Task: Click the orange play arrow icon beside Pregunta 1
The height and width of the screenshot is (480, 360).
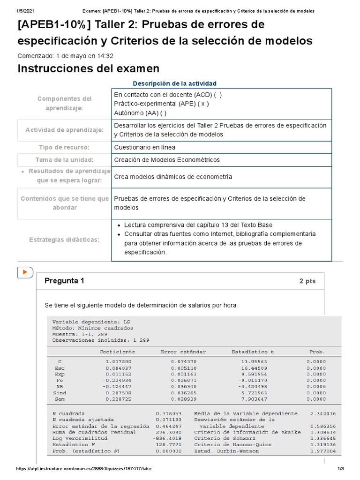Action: tap(25, 272)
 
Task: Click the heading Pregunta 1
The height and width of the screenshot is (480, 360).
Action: tap(64, 281)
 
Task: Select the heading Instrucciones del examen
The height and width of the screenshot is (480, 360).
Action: tap(88, 68)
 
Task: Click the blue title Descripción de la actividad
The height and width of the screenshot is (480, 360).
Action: tap(174, 83)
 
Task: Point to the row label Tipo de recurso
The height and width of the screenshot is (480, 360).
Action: tap(64, 147)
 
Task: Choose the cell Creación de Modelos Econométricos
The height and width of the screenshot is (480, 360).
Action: tap(167, 160)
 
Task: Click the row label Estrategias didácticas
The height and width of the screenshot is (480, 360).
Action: tap(64, 240)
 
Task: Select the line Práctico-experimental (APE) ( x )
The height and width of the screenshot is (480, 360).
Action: tap(161, 104)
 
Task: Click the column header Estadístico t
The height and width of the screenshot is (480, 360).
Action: tap(250, 352)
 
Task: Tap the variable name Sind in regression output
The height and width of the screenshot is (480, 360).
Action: tap(60, 393)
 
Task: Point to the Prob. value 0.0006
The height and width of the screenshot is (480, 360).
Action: tap(316, 386)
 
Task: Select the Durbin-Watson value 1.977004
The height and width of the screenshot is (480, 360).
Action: tap(323, 451)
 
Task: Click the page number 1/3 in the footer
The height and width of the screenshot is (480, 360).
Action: tap(341, 469)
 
